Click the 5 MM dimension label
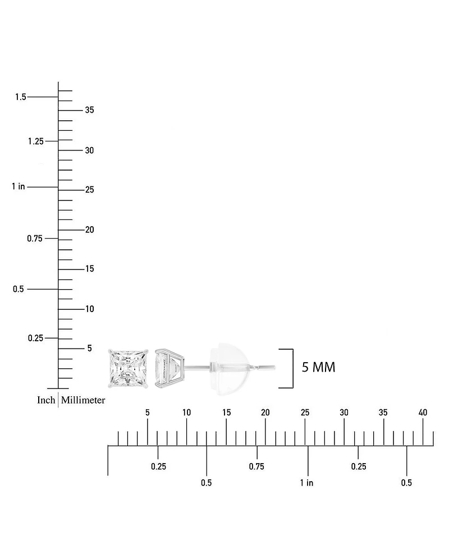(x=318, y=367)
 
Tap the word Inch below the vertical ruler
(x=46, y=400)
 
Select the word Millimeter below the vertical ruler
(x=83, y=400)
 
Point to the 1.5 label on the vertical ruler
(x=20, y=97)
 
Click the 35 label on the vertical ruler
(x=90, y=110)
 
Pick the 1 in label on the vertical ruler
(x=18, y=186)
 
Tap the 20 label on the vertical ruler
(x=90, y=230)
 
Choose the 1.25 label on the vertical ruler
(x=36, y=141)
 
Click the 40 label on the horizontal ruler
(x=423, y=413)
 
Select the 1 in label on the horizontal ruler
(x=306, y=483)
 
